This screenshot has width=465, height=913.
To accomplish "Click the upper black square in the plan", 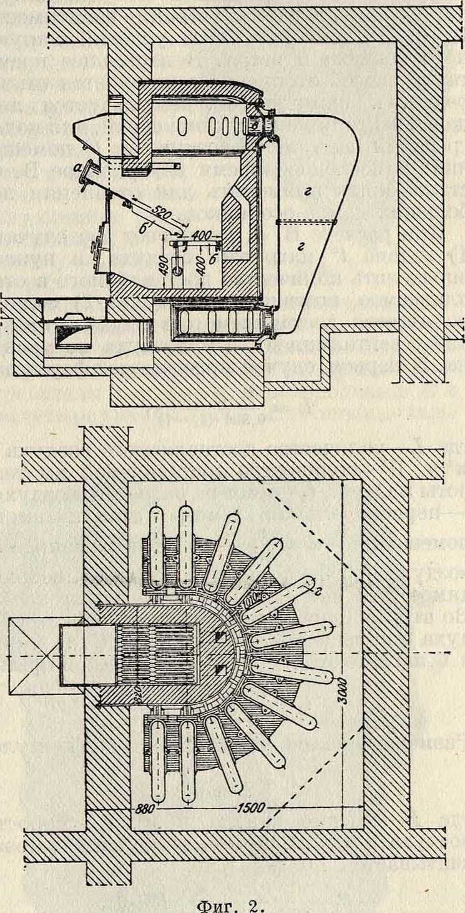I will [219, 637].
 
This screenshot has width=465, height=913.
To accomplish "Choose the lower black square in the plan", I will [219, 670].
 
